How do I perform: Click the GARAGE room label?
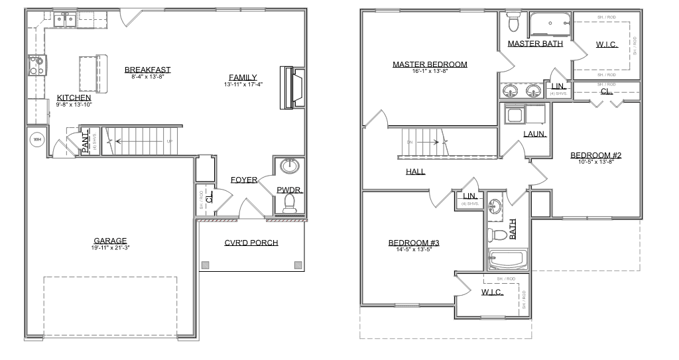[x=110, y=241]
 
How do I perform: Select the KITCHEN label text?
[x=74, y=97]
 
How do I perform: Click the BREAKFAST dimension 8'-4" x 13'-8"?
[x=147, y=77]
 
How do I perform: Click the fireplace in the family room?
[x=292, y=87]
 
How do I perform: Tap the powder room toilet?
[x=289, y=204]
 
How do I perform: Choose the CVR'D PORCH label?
[x=251, y=243]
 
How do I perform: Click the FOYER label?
[x=244, y=180]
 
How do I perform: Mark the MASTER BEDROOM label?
[x=430, y=64]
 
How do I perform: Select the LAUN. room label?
[x=534, y=133]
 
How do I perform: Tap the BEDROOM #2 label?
[x=595, y=155]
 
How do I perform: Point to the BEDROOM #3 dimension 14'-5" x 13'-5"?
[x=414, y=250]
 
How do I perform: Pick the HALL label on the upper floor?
[x=416, y=171]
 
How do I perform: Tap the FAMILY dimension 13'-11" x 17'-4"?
[x=243, y=84]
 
